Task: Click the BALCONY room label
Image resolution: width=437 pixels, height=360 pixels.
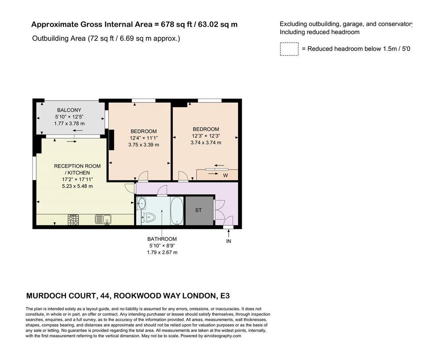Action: tap(69, 110)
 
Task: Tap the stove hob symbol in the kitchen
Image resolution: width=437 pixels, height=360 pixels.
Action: tap(73, 219)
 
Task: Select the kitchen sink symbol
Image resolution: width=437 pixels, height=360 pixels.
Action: tap(103, 219)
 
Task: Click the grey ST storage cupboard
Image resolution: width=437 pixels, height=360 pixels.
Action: tap(199, 210)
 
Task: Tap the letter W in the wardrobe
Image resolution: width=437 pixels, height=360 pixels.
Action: tap(225, 175)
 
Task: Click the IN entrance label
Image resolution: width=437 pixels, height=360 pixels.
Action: tap(229, 242)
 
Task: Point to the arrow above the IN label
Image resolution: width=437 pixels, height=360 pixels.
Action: tap(229, 233)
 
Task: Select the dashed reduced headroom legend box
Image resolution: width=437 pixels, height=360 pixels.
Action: tap(289, 49)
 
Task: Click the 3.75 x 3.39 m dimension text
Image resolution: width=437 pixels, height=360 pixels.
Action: tap(143, 145)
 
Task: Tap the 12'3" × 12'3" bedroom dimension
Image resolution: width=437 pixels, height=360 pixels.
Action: tap(206, 136)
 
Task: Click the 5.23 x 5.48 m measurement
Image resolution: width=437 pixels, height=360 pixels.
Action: tap(77, 186)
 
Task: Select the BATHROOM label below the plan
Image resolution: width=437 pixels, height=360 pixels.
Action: tap(162, 239)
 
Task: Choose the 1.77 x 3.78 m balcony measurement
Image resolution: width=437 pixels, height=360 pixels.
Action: tap(69, 123)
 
